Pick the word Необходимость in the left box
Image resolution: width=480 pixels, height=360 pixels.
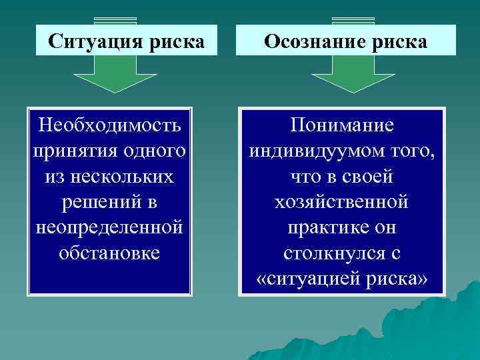109,125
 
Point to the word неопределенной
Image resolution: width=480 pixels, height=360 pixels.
109,227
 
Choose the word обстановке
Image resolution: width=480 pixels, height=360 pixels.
109,253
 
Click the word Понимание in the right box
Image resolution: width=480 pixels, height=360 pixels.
342,125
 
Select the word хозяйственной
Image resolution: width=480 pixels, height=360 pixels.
342,202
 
